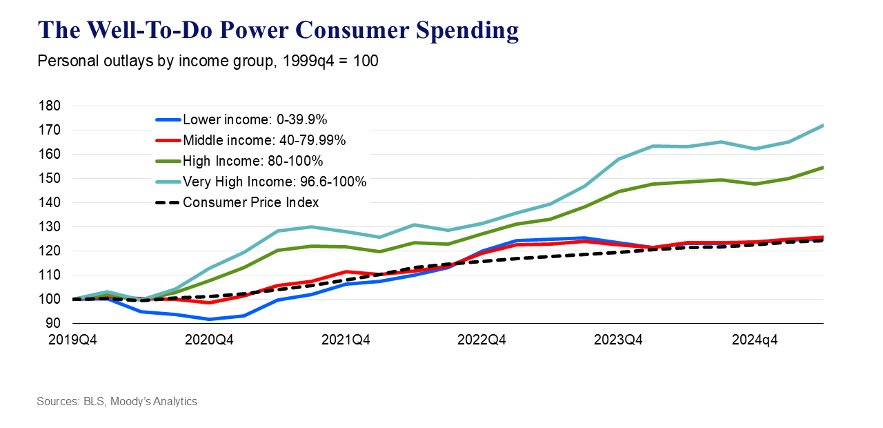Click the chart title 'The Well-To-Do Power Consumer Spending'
[x=277, y=30]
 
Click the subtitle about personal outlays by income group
[x=208, y=61]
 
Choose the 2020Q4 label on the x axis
[x=210, y=340]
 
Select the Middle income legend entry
[x=264, y=141]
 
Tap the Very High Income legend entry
[x=275, y=182]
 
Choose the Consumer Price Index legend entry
[x=250, y=203]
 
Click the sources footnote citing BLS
[x=117, y=401]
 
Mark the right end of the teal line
[x=823, y=126]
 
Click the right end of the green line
[x=823, y=167]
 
